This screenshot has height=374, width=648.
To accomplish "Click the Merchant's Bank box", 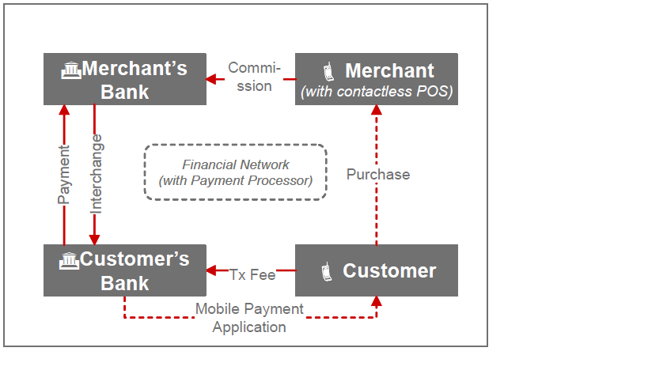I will pos(125,79).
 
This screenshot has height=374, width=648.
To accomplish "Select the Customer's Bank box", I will pos(125,270).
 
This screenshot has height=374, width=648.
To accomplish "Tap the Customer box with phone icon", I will pos(377,270).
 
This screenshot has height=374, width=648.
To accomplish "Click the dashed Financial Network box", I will pos(235,172).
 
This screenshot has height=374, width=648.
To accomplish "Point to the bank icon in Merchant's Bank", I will pos(71,70).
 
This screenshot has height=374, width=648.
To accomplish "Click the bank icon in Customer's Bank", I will pos(70,260).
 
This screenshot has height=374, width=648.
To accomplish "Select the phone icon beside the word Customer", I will pos(325,272).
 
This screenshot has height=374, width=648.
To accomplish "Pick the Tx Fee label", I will pos(252,274).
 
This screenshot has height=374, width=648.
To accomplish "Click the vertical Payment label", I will pos(65,175).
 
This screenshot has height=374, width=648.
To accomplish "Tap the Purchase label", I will pos(378,174).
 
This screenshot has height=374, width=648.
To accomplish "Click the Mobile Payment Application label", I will pos(249,318).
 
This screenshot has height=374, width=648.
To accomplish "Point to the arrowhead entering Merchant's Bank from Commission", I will pos(211,79).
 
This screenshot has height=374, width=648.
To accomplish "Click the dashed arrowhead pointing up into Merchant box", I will pos(377,111).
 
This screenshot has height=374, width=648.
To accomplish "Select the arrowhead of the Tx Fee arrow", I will pos(211,270).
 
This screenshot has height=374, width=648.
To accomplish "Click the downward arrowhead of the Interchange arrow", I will pos(95,239).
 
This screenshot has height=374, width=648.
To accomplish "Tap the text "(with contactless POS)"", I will pos(377,92).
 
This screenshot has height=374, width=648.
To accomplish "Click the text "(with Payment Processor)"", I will pos(235,180).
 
